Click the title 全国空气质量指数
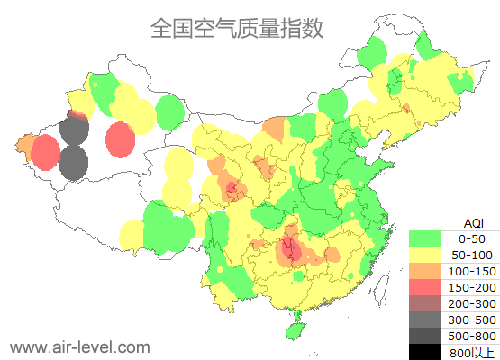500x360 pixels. pos(237,29)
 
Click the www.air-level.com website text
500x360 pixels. pos(79,346)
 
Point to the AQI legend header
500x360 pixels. pos(473,222)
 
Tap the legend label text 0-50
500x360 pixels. pos(472,238)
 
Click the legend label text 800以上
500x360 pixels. pos(472,352)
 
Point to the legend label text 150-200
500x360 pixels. pos(472,287)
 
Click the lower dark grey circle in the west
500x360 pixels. pos(73,164)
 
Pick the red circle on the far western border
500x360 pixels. pos(45,153)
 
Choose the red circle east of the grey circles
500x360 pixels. pos(120,139)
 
